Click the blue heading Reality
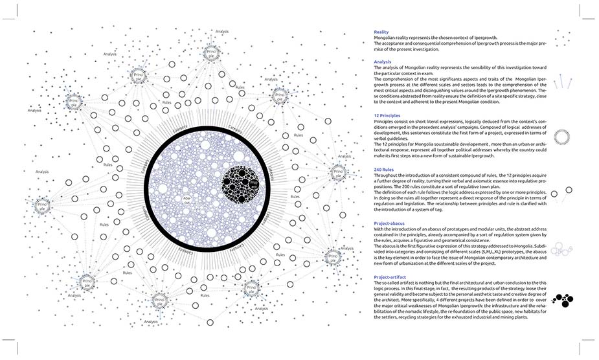click(x=381, y=32)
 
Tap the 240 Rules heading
click(x=384, y=170)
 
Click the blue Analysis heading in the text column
click(x=383, y=62)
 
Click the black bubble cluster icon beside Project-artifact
click(x=567, y=298)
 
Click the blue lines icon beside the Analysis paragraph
click(x=567, y=80)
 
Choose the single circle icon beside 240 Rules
click(x=570, y=190)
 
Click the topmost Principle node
click(x=212, y=52)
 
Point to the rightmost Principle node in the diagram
click(x=338, y=173)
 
